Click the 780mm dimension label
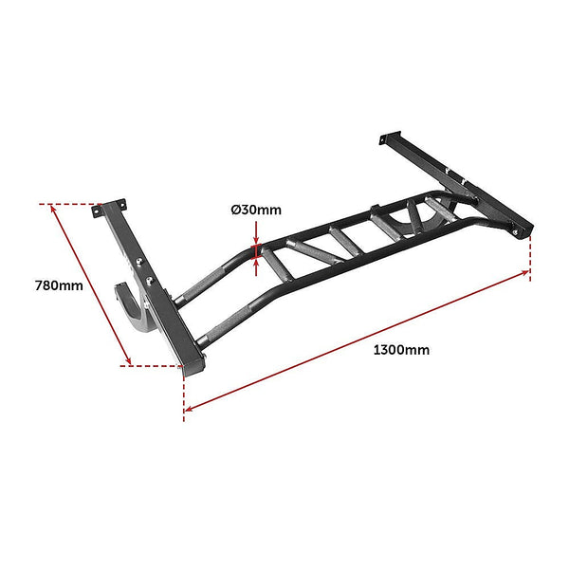tap(59, 284)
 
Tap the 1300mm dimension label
tap(401, 350)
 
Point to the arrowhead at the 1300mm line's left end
tap(189, 408)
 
